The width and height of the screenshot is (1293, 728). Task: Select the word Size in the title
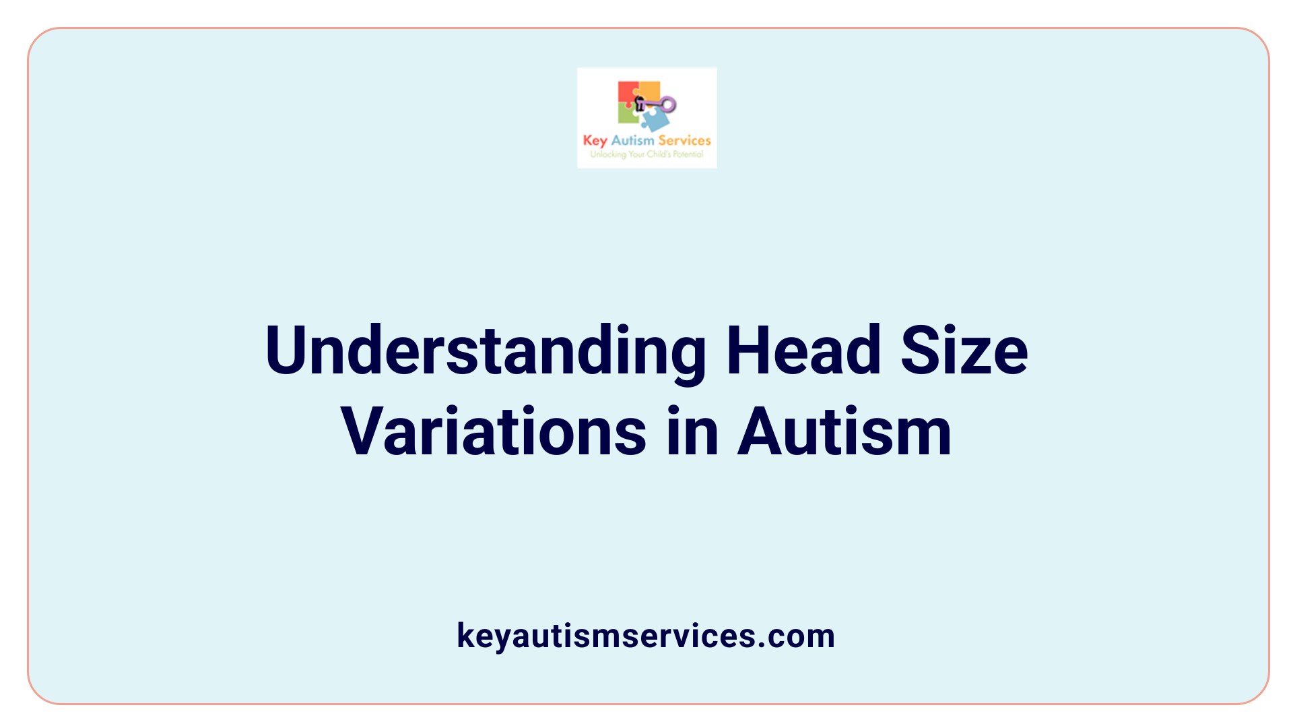(x=964, y=351)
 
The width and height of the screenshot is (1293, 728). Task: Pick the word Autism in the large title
(x=844, y=431)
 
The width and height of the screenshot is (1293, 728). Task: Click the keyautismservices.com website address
(x=646, y=636)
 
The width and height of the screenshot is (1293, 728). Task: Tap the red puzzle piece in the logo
(x=627, y=93)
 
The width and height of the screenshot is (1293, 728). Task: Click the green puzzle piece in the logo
(x=628, y=115)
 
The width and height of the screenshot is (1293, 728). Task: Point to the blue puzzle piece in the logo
(x=655, y=121)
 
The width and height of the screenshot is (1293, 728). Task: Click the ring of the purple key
(x=667, y=104)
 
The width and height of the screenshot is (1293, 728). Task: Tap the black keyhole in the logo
(x=640, y=104)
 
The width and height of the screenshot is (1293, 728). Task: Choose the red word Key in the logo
(x=595, y=141)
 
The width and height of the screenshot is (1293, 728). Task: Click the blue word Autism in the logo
(x=632, y=140)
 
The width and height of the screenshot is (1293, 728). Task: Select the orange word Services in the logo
(x=684, y=140)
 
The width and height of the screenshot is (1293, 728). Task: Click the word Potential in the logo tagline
(x=688, y=154)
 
